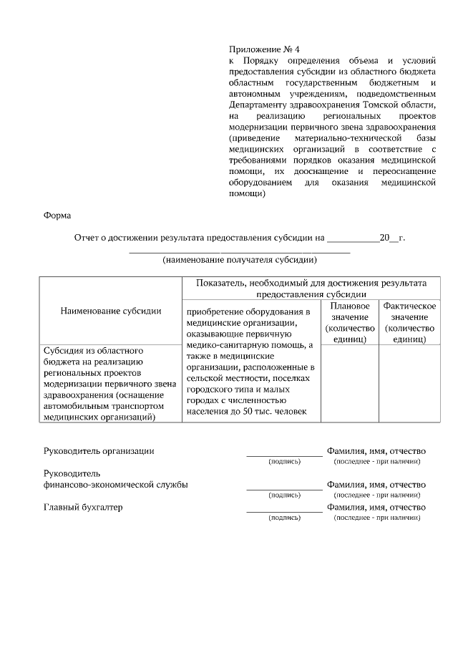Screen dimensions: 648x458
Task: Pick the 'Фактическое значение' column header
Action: pos(409,321)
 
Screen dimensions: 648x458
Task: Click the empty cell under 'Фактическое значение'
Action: pos(409,383)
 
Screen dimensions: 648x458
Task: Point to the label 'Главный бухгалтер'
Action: pos(83,508)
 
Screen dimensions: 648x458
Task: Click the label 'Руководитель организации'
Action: pos(99,450)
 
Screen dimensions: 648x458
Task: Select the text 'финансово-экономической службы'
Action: pos(116,485)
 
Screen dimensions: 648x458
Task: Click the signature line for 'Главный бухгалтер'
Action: pos(284,511)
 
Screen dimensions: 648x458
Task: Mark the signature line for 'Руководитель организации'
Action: pos(284,455)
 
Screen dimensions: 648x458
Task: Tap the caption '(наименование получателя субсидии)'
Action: pos(239,260)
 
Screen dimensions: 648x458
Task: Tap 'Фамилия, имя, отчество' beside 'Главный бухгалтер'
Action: pos(376,508)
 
